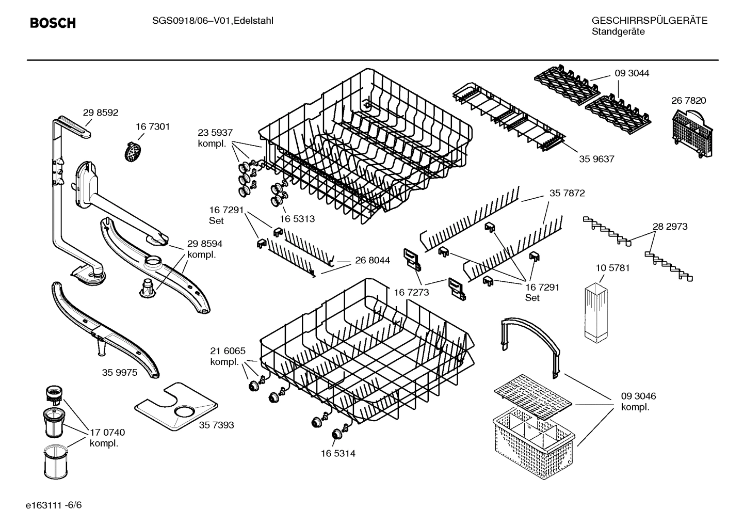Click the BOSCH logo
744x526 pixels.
tap(53, 23)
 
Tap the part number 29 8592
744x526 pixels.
tap(101, 113)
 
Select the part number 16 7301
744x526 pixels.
tap(153, 126)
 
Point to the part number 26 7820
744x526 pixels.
tap(688, 101)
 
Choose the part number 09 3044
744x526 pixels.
tap(632, 73)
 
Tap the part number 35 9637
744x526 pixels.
tap(596, 159)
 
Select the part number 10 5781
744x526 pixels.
tap(612, 268)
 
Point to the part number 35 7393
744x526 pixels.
tap(216, 425)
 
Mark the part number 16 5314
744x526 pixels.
tap(337, 453)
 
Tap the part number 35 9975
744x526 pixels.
tap(120, 372)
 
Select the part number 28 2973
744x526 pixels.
tap(670, 226)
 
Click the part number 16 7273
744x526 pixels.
tap(411, 292)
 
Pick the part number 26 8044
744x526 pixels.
tap(373, 261)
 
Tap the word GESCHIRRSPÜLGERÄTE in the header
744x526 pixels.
tap(649, 21)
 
